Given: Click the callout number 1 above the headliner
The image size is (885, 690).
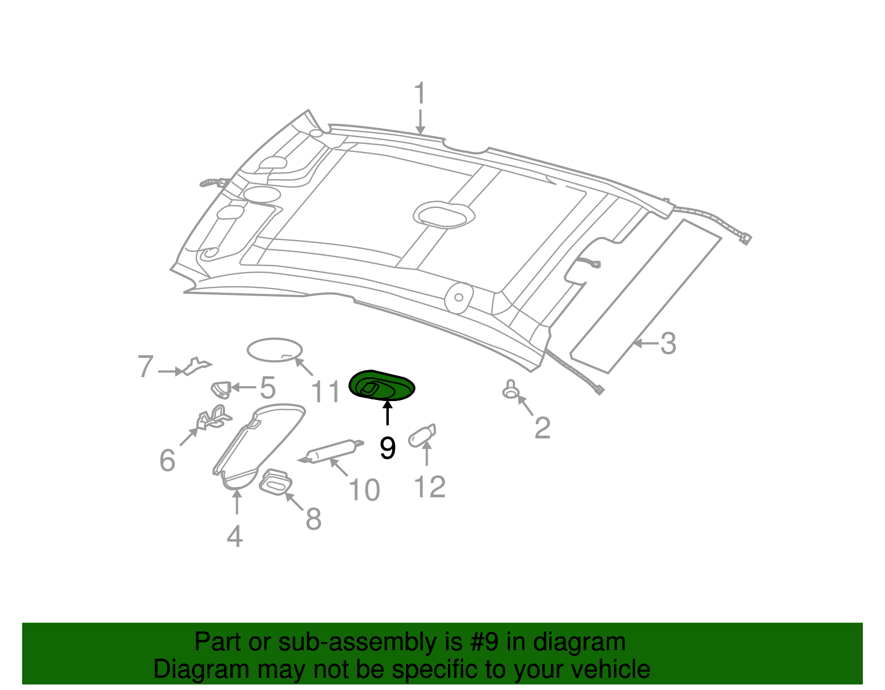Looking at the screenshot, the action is (x=420, y=93).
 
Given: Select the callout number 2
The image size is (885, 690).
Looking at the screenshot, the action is (x=543, y=428).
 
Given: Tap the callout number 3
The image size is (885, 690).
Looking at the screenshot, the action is (x=668, y=344).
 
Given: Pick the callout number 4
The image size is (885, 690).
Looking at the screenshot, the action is (x=235, y=536).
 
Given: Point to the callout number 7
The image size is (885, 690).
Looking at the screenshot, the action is (x=145, y=366).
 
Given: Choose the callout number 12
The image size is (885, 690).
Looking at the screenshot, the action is (x=430, y=487).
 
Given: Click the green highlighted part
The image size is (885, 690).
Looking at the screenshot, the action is (x=382, y=386).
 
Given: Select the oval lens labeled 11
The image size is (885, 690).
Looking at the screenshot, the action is (x=274, y=350).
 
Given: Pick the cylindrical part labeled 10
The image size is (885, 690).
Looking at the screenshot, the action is (x=331, y=451).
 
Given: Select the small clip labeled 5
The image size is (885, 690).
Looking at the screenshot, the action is (x=221, y=389).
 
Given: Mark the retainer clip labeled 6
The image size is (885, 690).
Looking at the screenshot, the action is (x=214, y=418).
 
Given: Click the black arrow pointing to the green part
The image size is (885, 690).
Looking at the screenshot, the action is (x=387, y=413).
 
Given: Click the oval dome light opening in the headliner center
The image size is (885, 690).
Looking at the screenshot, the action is (x=444, y=215).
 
